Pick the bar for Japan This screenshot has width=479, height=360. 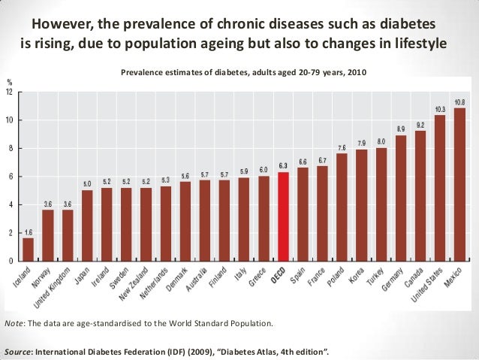tap(86, 225)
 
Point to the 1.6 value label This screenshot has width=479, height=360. tap(28, 231)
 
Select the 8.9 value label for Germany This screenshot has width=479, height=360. tap(400, 129)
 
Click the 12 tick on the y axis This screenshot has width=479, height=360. tap(8, 92)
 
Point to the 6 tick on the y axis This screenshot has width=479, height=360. tap(10, 177)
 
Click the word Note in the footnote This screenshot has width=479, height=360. tap(14, 323)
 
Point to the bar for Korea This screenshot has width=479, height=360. tap(361, 205)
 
